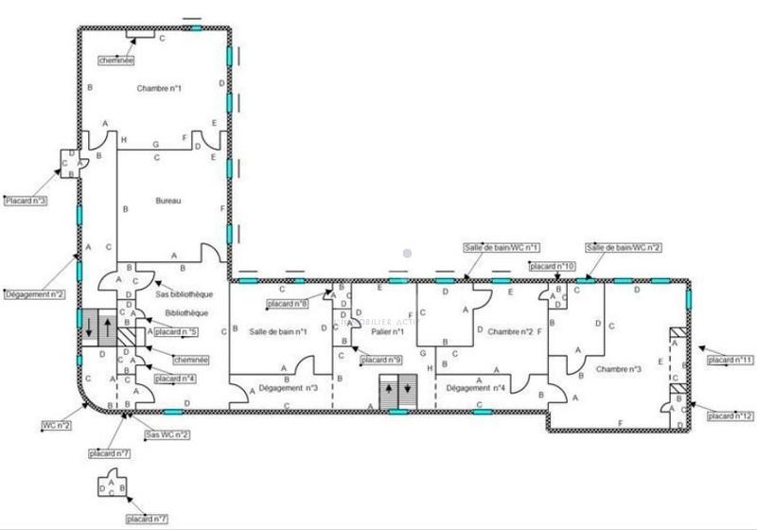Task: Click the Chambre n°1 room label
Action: (159, 88)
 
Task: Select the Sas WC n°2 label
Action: (166, 434)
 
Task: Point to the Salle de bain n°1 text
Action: (278, 331)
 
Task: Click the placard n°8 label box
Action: (288, 304)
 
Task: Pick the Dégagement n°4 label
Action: (476, 388)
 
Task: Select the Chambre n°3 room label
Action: (620, 369)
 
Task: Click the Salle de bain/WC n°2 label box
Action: (623, 248)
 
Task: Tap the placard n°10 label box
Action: (554, 266)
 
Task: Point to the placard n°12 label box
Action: (731, 415)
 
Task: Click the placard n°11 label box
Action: (731, 360)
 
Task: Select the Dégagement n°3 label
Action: (289, 388)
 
